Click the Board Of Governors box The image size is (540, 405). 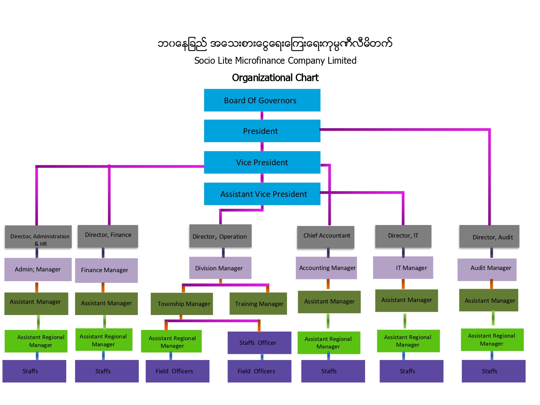coord(262,100)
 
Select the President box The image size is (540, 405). coord(262,131)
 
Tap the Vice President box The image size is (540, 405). coord(262,162)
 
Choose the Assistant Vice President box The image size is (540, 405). coord(262,194)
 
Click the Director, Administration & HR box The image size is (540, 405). coord(39,237)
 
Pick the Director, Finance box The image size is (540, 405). coord(108,236)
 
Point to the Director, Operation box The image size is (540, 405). coord(220,235)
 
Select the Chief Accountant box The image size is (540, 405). coord(326,237)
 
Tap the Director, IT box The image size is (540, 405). coord(403,236)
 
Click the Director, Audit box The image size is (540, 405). coord(489,236)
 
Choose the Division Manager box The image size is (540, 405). coord(220,268)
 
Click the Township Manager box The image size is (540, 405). coord(182,304)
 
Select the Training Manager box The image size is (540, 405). coord(258,303)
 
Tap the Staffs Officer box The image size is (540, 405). coord(260,343)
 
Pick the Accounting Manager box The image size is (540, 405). coord(327,268)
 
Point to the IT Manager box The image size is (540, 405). coord(403,267)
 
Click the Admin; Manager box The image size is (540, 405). coord(38,269)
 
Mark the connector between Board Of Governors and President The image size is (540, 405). coord(262,116)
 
